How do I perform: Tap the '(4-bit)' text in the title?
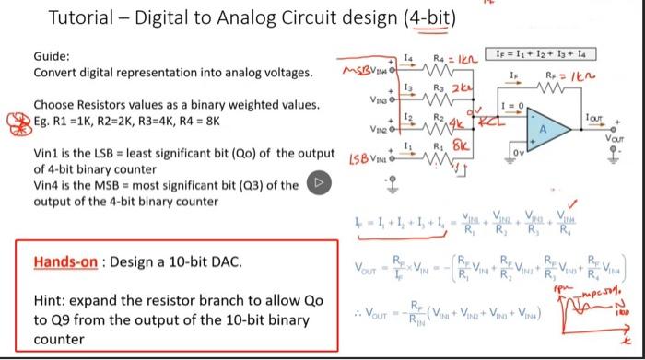tap(428, 18)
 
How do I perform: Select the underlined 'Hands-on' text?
tap(66, 262)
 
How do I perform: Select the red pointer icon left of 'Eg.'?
tap(15, 121)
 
